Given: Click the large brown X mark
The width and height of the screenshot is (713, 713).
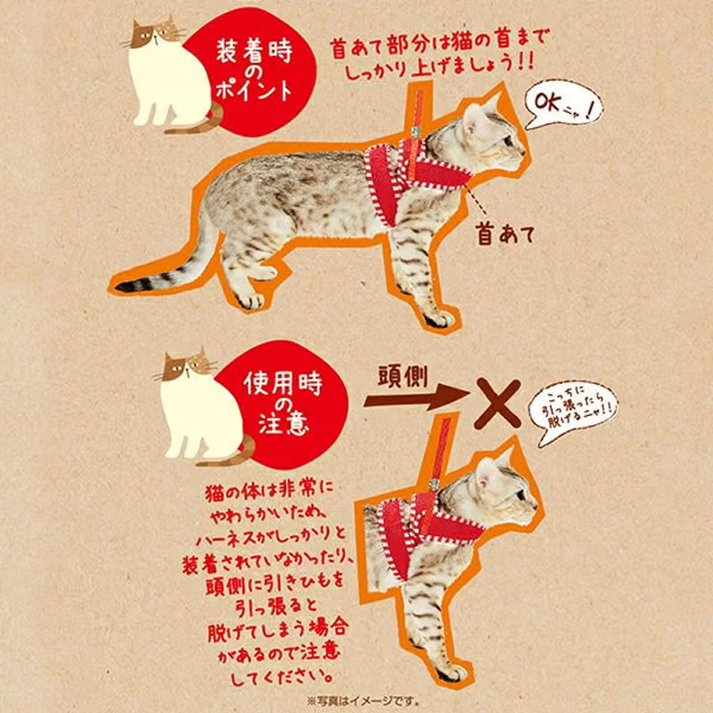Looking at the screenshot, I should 498,403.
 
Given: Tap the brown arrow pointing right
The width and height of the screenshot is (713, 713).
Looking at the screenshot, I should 409,401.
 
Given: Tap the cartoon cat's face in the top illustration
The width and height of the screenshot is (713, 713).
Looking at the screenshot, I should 153,37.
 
